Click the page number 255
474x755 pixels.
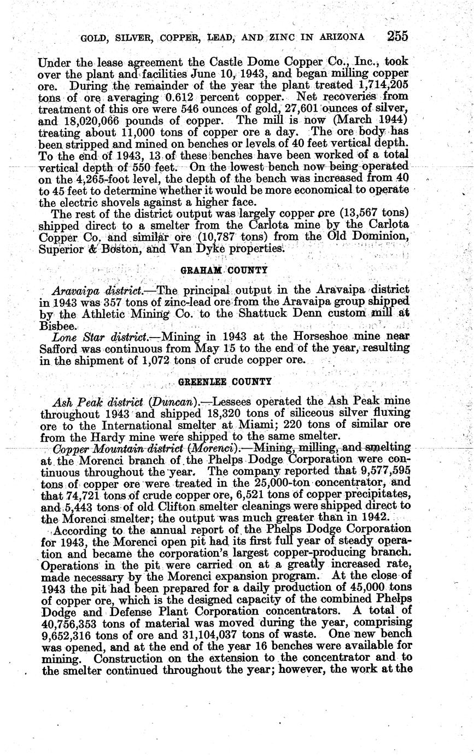point(397,36)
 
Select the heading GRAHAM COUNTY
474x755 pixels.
point(224,270)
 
